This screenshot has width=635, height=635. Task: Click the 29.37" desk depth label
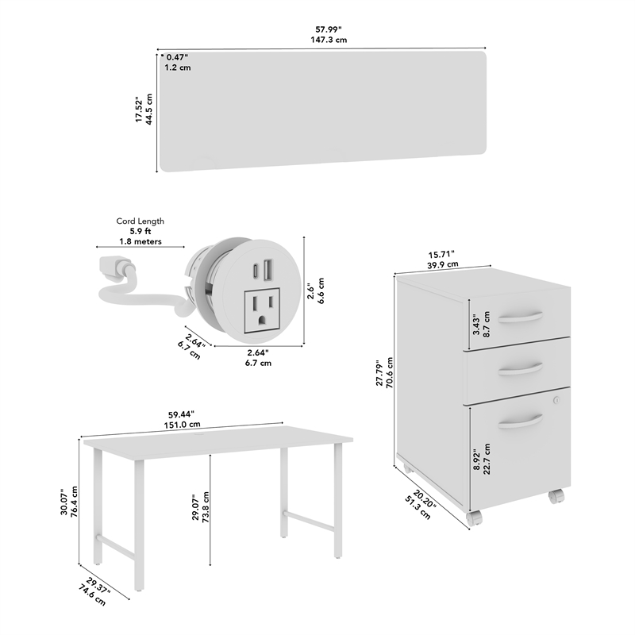[x=98, y=586]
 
